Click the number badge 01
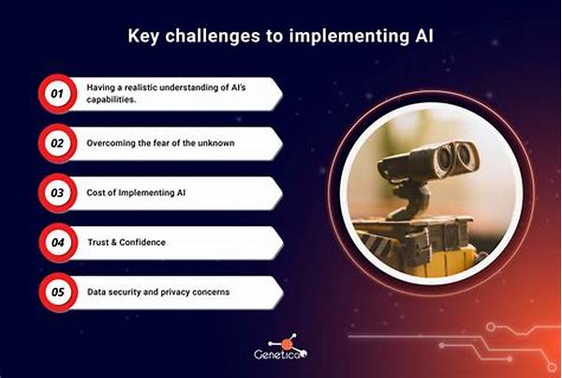[57, 94]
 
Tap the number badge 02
[57, 144]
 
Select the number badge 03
[57, 193]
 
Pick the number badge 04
[58, 243]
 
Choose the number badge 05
[58, 293]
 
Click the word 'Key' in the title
[143, 37]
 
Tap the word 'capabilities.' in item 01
[111, 99]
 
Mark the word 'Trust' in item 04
[98, 242]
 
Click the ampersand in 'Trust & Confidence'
[114, 242]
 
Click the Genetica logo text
[281, 355]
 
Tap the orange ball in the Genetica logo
[287, 344]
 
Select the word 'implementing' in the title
[349, 37]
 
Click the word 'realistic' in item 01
[141, 87]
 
